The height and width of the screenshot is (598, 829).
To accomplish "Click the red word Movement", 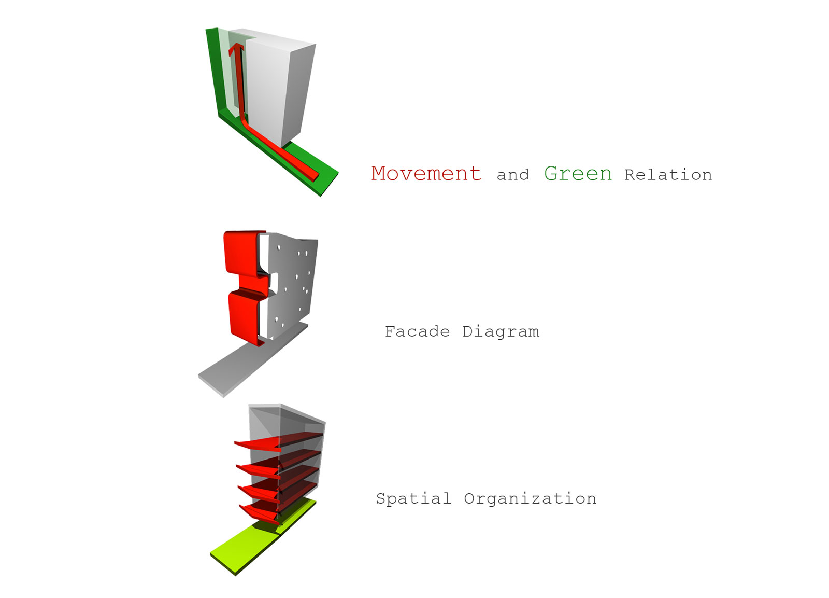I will [x=426, y=173].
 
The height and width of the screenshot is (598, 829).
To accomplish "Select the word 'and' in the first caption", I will [x=513, y=175].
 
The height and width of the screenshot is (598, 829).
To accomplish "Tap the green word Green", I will [x=578, y=174].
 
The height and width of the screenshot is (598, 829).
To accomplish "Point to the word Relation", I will [x=668, y=175].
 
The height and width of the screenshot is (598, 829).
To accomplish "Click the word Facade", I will [x=417, y=331].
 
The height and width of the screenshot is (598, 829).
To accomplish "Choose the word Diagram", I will [x=501, y=332].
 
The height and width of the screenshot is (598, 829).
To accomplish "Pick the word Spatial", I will [x=413, y=498].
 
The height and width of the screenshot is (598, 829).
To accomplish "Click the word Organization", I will [x=530, y=499].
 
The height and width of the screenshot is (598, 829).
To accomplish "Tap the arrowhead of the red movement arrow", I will [x=236, y=50].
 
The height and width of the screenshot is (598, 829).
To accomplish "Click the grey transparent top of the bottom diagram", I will [x=285, y=415].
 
